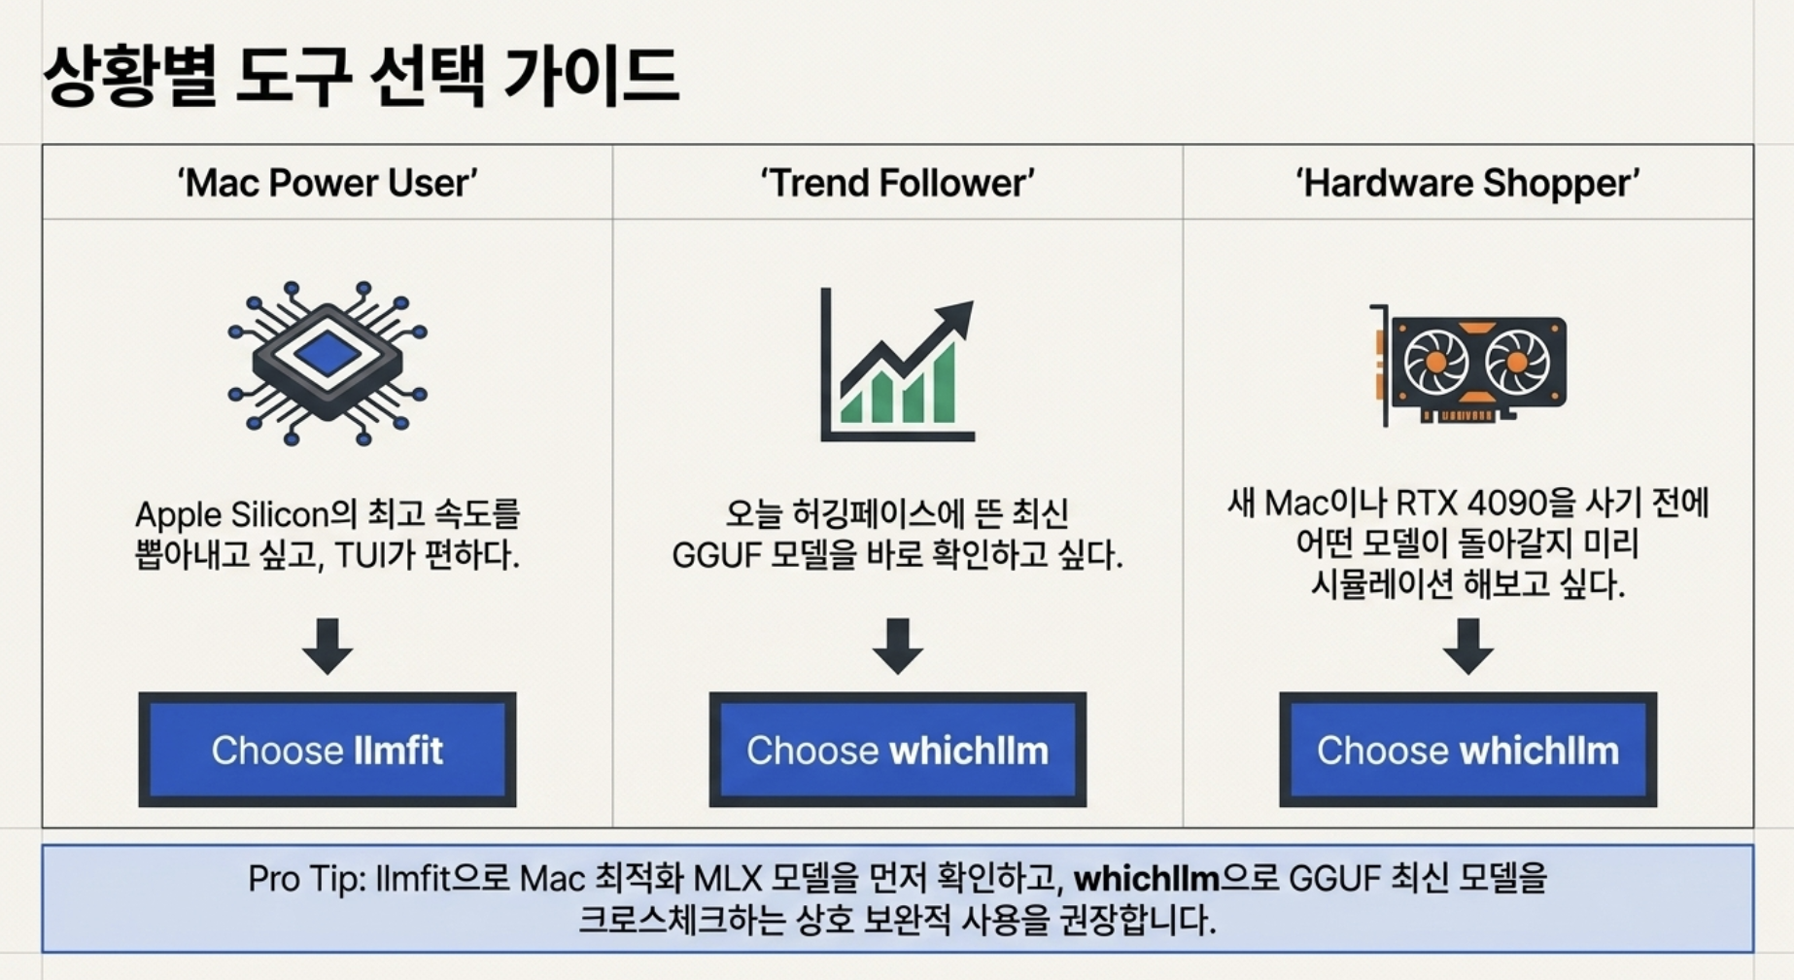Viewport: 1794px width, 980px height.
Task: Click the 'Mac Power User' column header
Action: pyautogui.click(x=327, y=183)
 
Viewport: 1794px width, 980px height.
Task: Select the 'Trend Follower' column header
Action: pyautogui.click(x=897, y=183)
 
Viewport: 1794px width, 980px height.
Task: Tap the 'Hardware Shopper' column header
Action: pyautogui.click(x=1467, y=183)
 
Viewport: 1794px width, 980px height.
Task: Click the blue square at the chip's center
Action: pyautogui.click(x=327, y=353)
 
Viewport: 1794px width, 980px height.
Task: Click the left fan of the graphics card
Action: pyautogui.click(x=1434, y=363)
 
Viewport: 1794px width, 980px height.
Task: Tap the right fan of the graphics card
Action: pyautogui.click(x=1516, y=363)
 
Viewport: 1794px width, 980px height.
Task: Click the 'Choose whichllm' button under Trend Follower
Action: pyautogui.click(x=897, y=750)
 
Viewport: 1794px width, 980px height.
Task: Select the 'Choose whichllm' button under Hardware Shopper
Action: pyautogui.click(x=1467, y=750)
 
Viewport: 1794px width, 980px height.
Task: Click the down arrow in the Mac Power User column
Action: pyautogui.click(x=327, y=646)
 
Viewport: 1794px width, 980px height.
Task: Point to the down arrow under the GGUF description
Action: pyautogui.click(x=897, y=646)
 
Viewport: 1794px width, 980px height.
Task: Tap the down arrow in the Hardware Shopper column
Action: pyautogui.click(x=1467, y=646)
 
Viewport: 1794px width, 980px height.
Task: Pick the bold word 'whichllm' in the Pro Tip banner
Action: pyautogui.click(x=1146, y=879)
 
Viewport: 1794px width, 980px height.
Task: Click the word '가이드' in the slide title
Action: pyautogui.click(x=591, y=76)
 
